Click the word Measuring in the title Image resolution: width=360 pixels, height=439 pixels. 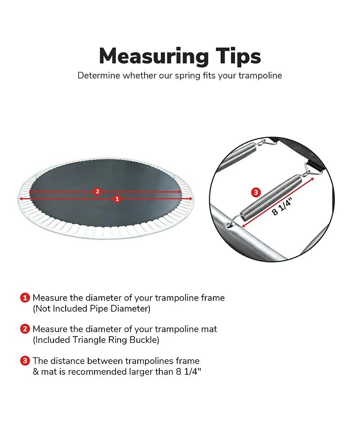[153, 57]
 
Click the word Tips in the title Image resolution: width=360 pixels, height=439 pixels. [238, 56]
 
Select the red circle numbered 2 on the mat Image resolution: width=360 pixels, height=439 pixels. [97, 191]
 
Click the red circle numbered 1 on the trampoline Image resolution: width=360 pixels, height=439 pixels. [117, 199]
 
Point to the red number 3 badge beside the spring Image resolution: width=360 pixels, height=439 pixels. [256, 192]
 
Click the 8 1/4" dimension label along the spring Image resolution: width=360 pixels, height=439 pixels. [282, 207]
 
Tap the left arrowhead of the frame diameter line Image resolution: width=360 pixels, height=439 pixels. [20, 199]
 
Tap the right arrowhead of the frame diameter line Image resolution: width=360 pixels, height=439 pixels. [191, 199]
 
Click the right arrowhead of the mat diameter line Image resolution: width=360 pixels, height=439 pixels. [180, 192]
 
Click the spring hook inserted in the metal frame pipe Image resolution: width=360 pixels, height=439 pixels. [233, 221]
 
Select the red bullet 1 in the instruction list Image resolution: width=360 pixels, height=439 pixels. [25, 297]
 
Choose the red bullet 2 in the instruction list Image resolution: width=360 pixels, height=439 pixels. [25, 329]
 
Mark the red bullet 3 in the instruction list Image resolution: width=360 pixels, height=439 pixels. [25, 361]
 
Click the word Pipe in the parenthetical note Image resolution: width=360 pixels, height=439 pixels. [99, 309]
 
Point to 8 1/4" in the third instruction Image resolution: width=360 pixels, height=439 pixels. [189, 372]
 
